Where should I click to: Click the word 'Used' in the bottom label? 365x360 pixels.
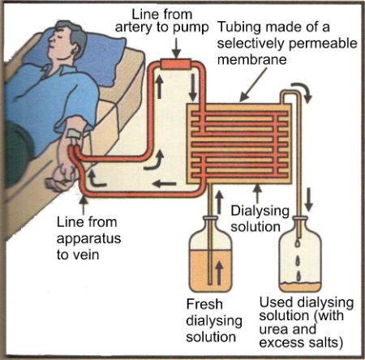tap(273, 302)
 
